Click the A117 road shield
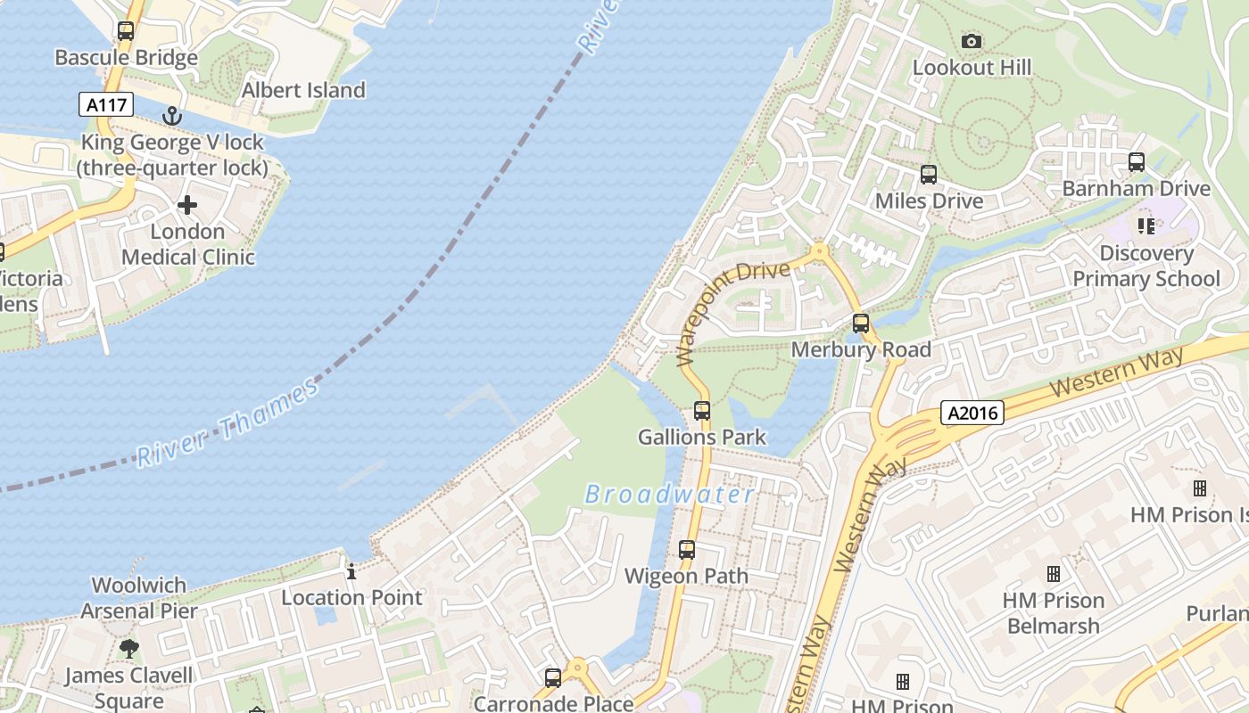(106, 105)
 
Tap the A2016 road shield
(972, 413)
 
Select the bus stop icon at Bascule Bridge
(126, 31)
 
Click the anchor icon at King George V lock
(171, 116)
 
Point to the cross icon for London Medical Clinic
(187, 205)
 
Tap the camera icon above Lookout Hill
(972, 41)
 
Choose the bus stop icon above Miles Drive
(929, 175)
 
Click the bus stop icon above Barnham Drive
(1137, 162)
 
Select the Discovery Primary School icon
(1146, 226)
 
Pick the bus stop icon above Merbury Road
(861, 324)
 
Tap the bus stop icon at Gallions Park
(702, 411)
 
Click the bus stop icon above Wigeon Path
(687, 550)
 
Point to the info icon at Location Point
(352, 571)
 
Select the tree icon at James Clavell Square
(129, 649)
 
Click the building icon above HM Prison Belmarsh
(1054, 574)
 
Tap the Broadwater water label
(669, 495)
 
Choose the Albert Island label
(303, 90)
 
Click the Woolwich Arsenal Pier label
(139, 598)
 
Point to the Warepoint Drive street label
(733, 312)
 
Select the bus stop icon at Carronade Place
(553, 678)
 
